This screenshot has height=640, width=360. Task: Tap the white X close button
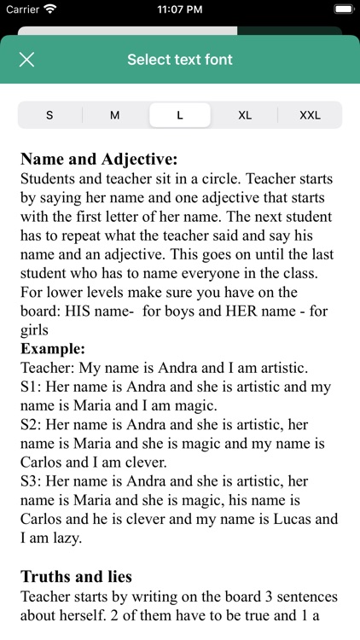click(27, 60)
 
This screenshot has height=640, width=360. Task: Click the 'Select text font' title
click(180, 60)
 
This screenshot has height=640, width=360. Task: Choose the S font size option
click(49, 115)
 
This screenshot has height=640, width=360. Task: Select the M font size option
click(114, 115)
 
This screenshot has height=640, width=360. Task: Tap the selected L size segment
click(180, 115)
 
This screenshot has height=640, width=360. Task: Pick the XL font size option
click(245, 115)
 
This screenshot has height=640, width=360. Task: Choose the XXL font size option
click(310, 115)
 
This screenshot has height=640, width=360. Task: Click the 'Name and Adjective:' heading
click(99, 160)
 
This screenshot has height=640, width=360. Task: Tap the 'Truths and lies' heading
click(76, 577)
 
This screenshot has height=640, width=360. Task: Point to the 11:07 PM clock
click(180, 10)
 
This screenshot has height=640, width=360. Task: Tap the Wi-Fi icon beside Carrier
click(49, 10)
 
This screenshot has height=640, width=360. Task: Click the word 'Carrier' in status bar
click(22, 10)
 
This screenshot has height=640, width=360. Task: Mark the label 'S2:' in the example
click(32, 425)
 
